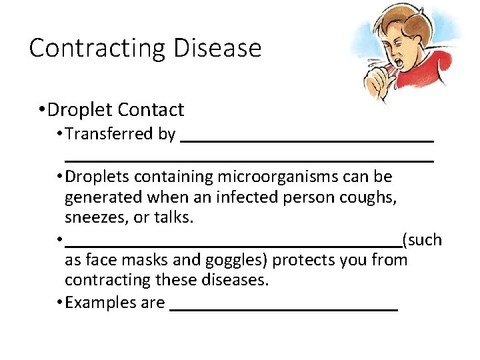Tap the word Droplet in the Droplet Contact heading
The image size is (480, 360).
pos(81,109)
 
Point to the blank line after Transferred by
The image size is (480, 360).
pos(307,139)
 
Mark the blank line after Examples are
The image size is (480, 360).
pos(284,309)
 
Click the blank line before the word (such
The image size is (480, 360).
pos(233,245)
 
